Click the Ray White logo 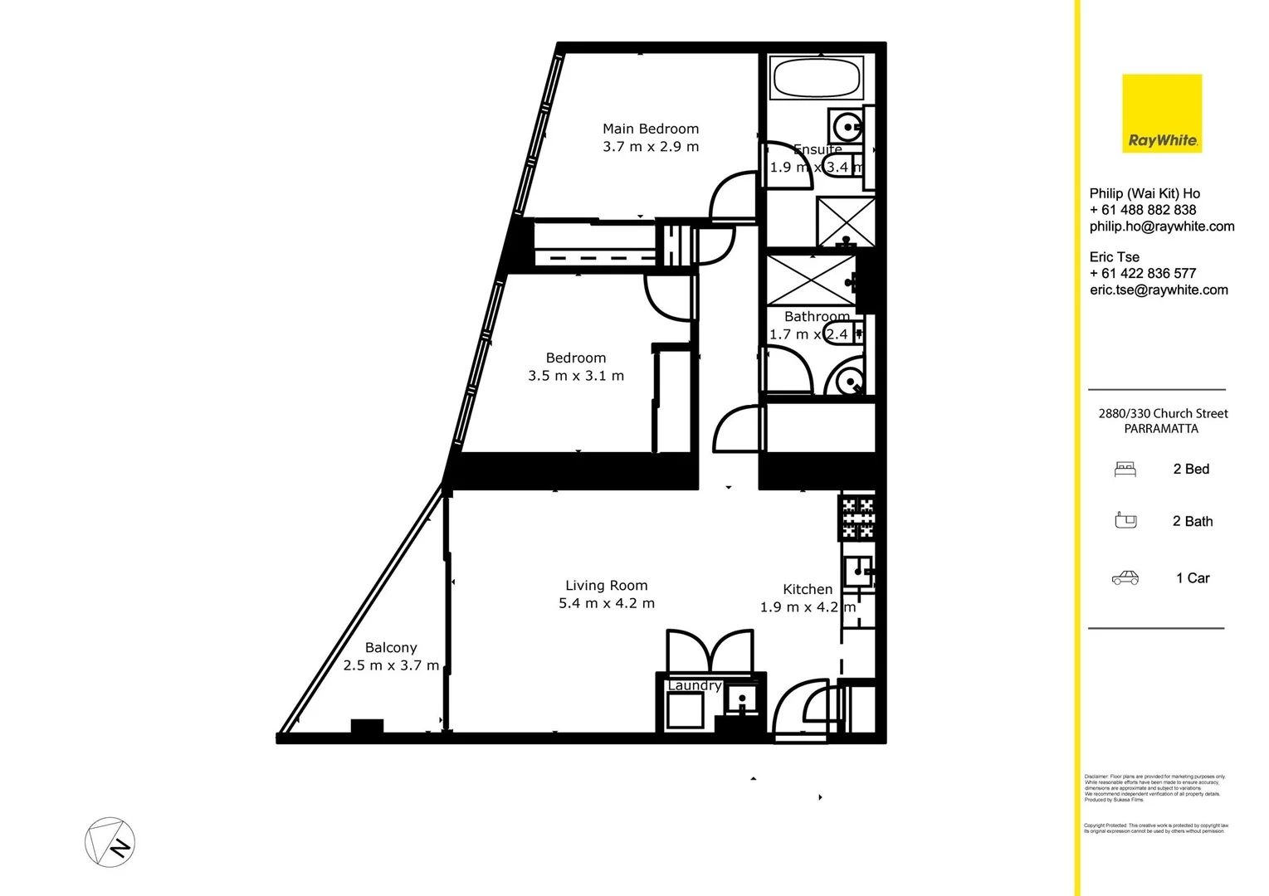point(1162,114)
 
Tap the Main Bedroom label point(651,129)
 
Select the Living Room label point(607,586)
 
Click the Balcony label point(391,648)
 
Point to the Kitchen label point(808,589)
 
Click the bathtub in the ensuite point(817,78)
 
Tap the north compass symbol point(110,843)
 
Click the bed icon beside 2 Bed point(1125,470)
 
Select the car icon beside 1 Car point(1125,578)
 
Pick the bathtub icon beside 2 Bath point(1125,521)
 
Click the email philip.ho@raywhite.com point(1162,226)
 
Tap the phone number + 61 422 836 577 point(1143,273)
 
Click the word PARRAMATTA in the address point(1161,429)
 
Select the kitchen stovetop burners point(858,514)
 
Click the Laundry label point(694,685)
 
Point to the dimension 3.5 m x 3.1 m point(576,376)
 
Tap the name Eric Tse point(1115,257)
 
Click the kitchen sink point(858,571)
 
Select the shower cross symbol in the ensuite point(846,221)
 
